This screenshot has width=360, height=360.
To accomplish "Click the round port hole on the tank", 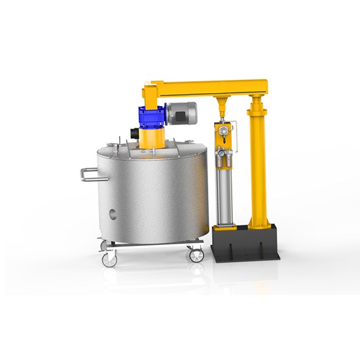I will click(113, 213).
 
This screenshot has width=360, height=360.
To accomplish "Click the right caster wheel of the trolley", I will click(196, 255).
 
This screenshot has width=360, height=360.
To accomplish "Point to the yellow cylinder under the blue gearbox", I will click(152, 139).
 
